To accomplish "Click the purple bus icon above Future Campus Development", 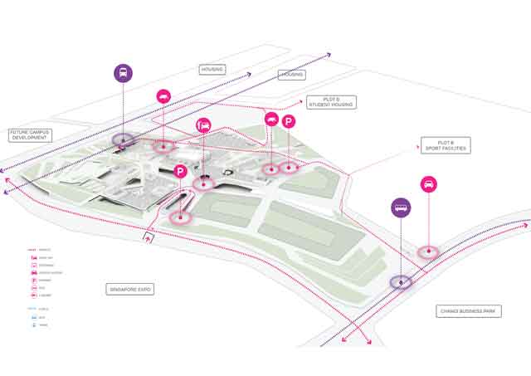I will click(x=123, y=71).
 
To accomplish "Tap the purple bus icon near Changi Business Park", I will click(x=402, y=207).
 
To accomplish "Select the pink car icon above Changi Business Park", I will click(x=429, y=184).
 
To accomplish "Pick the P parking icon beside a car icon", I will click(x=289, y=122).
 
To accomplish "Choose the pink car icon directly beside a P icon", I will click(x=270, y=120).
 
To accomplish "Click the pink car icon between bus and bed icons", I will click(x=163, y=96).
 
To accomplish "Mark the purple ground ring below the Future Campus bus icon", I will click(x=124, y=139).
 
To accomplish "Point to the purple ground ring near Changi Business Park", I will click(x=402, y=281).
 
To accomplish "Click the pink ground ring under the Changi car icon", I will click(x=428, y=251).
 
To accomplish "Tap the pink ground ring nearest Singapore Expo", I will click(x=180, y=217).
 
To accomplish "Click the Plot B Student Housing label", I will click(x=331, y=102).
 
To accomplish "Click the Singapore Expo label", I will click(x=131, y=290).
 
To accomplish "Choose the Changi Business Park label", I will click(x=470, y=311).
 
